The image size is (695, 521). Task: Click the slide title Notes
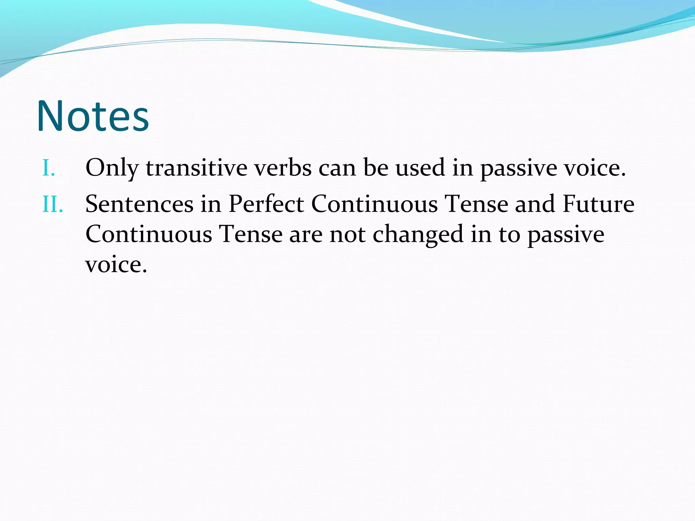[x=93, y=116]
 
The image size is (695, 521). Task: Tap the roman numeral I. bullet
[x=49, y=168]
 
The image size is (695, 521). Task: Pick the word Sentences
[x=139, y=204]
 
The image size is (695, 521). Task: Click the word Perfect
[x=266, y=204]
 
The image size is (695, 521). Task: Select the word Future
[x=598, y=204]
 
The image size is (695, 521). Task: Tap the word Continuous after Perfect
[x=374, y=204]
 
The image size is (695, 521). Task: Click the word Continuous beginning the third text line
[x=149, y=234]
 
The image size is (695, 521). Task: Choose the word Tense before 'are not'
[x=251, y=234]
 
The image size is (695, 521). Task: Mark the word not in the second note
[x=347, y=234]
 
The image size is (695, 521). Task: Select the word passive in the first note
[x=518, y=168]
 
